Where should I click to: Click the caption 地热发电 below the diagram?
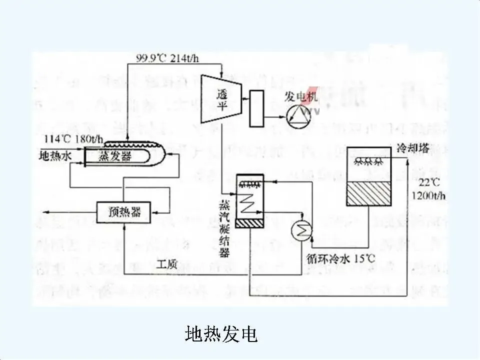coord(221,334)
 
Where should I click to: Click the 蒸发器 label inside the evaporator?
coord(114,156)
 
